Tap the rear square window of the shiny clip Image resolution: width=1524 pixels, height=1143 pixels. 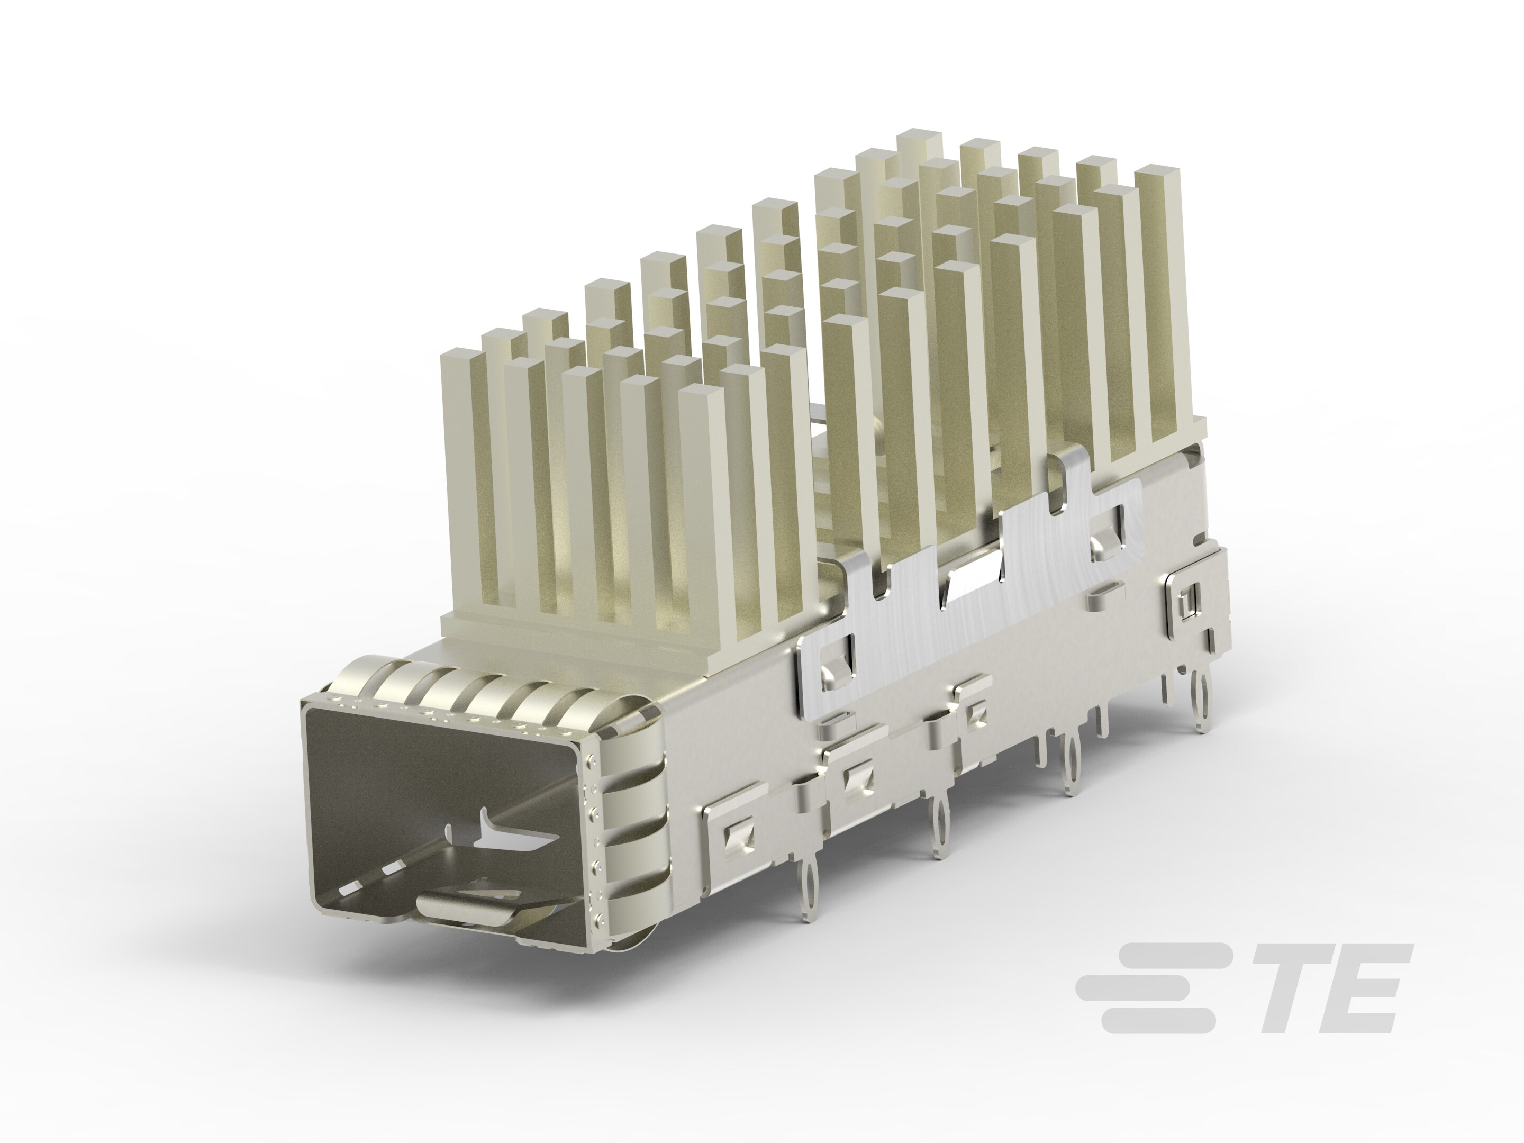pos(1106,531)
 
